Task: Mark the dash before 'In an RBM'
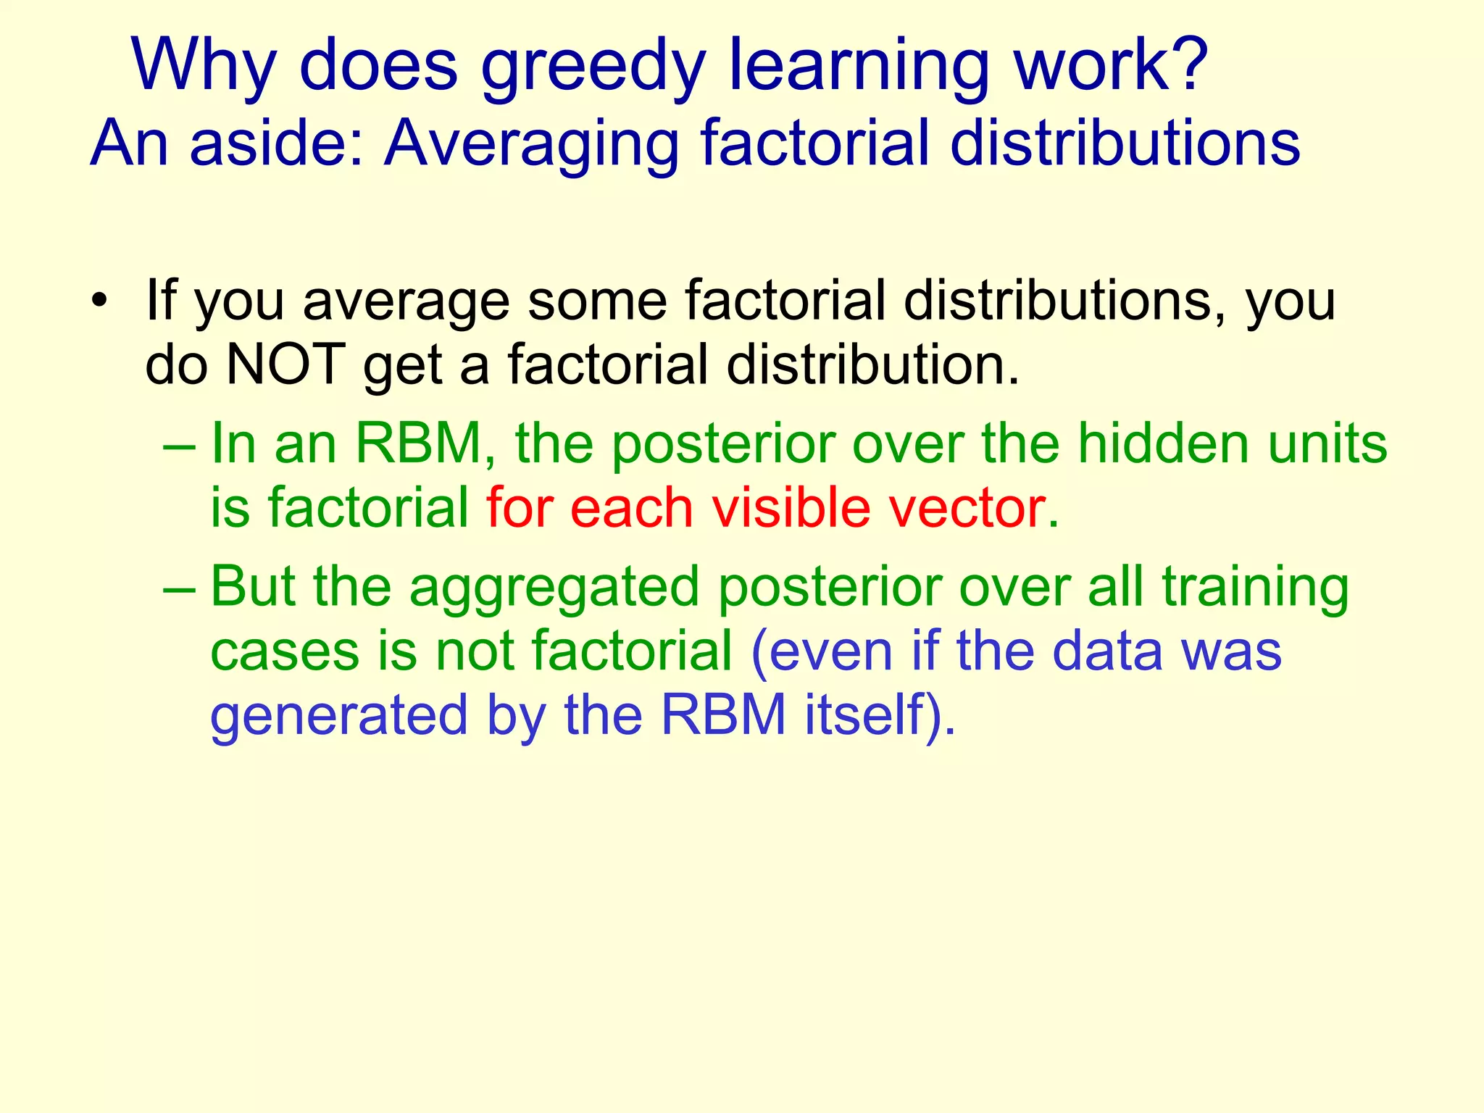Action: (x=179, y=443)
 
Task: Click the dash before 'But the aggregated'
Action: (x=179, y=587)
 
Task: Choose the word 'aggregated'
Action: (x=554, y=588)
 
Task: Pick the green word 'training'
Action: (x=1255, y=588)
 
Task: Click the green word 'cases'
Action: (x=285, y=651)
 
